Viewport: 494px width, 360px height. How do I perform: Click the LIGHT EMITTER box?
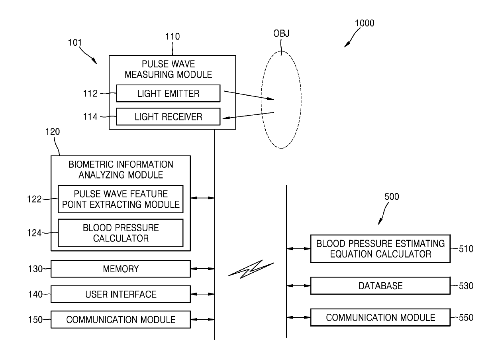(168, 93)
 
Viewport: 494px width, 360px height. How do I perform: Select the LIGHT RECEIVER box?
(168, 117)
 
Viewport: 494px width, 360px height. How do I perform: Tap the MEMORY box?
(121, 269)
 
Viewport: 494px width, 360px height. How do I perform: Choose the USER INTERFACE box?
(121, 294)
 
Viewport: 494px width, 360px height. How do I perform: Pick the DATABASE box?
(380, 286)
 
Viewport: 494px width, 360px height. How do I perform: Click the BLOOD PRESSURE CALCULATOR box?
(121, 233)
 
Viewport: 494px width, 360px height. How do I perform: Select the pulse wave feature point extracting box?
(121, 199)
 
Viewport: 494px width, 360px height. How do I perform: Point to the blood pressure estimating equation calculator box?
(380, 249)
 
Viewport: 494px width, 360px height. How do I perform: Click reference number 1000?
(364, 23)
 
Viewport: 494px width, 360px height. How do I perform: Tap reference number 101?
(75, 43)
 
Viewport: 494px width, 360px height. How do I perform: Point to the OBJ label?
(281, 33)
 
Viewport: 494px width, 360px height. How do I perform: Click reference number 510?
(466, 249)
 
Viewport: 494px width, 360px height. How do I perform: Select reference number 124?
(34, 233)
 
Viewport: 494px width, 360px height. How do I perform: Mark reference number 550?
(466, 318)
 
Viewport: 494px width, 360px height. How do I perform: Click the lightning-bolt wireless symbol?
(251, 269)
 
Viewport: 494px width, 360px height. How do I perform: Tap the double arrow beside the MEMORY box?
(202, 269)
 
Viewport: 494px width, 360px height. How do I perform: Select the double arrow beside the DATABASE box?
(298, 286)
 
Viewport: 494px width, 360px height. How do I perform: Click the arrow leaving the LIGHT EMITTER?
(249, 95)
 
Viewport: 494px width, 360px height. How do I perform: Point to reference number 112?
(90, 94)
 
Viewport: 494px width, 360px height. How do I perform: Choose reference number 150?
(35, 320)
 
